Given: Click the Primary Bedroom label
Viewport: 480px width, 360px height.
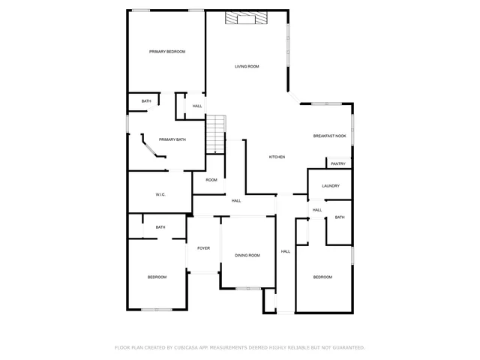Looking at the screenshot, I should [x=166, y=52].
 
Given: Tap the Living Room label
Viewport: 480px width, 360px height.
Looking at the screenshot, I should [x=247, y=67].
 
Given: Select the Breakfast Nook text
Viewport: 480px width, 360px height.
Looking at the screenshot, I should [x=329, y=136].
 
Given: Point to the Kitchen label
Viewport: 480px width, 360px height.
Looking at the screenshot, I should [x=277, y=157].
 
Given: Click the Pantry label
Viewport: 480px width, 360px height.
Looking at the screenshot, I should [x=337, y=163].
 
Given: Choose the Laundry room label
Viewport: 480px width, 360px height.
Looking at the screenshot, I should [x=331, y=186].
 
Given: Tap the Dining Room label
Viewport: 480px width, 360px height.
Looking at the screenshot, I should [x=247, y=256].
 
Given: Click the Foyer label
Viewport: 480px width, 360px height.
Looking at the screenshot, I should [x=203, y=248].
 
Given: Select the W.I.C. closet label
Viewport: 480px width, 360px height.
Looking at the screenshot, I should [x=160, y=195].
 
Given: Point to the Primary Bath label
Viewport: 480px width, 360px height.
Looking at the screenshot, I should [x=172, y=139].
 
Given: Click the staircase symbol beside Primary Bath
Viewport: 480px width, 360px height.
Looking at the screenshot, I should [x=217, y=133].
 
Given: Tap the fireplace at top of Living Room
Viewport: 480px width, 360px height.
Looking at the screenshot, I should [x=247, y=19].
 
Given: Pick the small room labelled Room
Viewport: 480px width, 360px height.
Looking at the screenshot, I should [x=211, y=180].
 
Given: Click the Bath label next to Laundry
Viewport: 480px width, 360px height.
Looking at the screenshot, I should [x=339, y=217].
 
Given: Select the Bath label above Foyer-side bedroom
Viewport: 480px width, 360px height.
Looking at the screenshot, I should [x=160, y=227].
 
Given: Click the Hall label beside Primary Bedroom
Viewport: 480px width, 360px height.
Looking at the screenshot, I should [x=197, y=106].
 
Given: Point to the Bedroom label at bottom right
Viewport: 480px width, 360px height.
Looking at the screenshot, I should [x=322, y=277].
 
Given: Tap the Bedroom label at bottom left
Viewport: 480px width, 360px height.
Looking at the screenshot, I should [x=157, y=277].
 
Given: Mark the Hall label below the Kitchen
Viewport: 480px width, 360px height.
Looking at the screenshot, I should [x=236, y=201].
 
